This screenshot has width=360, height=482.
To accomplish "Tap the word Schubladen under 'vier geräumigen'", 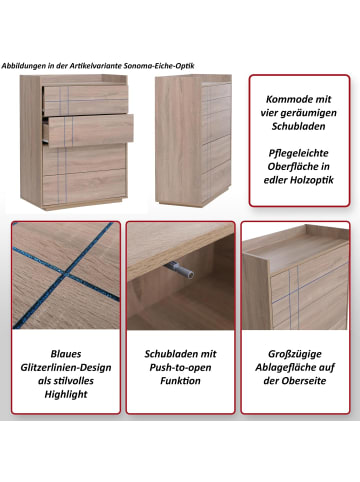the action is click(x=298, y=126).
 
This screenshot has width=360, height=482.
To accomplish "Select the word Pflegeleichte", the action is click(x=298, y=153).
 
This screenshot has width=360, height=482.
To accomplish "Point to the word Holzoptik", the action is click(x=312, y=180).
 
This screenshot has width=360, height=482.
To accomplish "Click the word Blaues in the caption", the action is click(x=66, y=354).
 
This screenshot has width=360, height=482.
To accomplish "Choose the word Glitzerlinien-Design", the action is click(x=66, y=368).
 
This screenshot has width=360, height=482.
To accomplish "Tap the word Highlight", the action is click(x=66, y=395).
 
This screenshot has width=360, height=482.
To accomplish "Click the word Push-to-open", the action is click(x=180, y=368).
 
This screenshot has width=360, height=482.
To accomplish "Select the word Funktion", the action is click(x=180, y=381).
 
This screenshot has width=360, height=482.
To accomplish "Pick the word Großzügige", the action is click(x=295, y=354).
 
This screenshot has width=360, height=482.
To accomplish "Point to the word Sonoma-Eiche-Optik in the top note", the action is click(x=159, y=66).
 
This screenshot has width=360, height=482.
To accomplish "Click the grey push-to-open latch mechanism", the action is click(x=179, y=270).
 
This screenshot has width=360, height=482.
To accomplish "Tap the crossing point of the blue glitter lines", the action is click(x=66, y=275).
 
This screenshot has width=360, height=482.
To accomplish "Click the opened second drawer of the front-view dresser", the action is click(x=88, y=130).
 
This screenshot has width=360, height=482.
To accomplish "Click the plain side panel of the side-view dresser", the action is click(x=178, y=140).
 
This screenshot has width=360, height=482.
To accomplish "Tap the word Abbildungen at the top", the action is click(x=23, y=66).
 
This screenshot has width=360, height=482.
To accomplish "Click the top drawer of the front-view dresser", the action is click(x=86, y=100).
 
